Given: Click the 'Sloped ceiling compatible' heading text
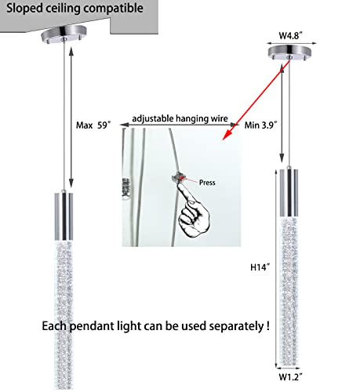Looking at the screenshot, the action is pos(75,9).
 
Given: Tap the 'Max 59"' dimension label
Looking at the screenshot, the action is pos(93,125).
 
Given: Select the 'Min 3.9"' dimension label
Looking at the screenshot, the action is pos(260,125).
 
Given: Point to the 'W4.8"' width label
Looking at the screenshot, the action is pos(291,35).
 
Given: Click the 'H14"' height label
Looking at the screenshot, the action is pos(260,267).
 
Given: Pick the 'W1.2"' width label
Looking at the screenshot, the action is pos(290,377).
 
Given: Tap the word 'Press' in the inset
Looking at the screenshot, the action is pos(207,183).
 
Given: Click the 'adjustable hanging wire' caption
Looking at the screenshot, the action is pos(180,118).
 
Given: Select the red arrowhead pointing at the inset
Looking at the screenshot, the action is pos(227,136).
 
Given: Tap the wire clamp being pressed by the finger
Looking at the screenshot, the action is pos(178,178).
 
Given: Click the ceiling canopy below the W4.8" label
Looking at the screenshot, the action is pos(289,53).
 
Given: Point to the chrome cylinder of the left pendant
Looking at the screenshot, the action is pos(64,216).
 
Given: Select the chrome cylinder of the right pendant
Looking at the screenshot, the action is pos(289,193).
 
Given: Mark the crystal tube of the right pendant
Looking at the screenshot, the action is pos(289,291).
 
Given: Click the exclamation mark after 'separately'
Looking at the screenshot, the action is pos(268,325).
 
